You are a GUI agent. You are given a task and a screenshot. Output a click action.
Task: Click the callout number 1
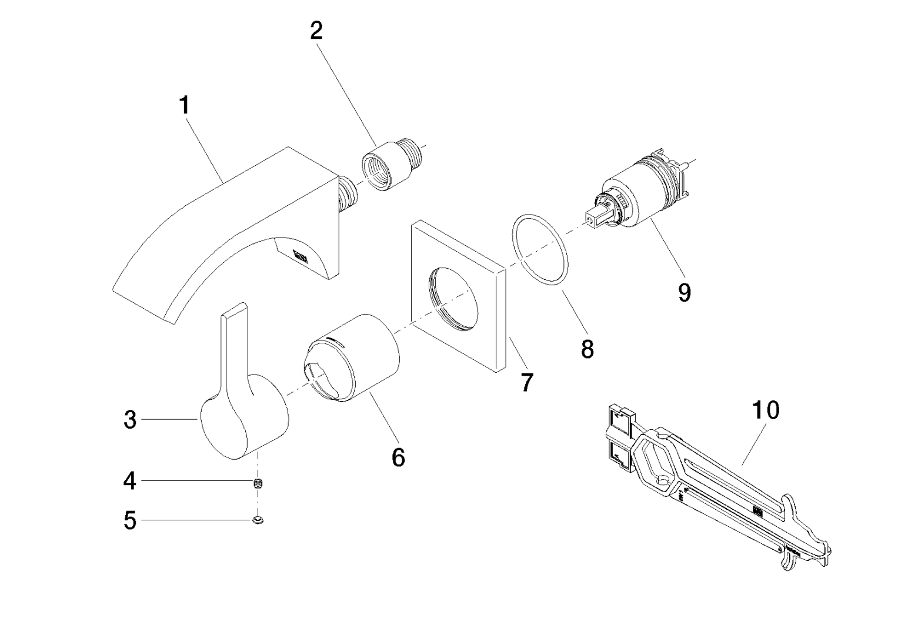[x=185, y=106]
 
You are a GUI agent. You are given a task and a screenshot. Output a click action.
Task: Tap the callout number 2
[x=316, y=31]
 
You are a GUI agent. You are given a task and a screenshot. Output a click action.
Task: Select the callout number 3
[x=130, y=420]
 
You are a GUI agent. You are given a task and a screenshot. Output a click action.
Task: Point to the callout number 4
[x=130, y=482]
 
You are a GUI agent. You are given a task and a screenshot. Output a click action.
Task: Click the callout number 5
[x=130, y=520]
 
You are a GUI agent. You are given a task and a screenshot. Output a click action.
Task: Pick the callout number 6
[x=398, y=456]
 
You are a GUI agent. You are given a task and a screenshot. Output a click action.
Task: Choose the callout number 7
[x=526, y=383]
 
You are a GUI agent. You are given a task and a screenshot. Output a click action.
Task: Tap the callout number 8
[x=587, y=349]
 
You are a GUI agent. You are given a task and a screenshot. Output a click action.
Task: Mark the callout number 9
[x=684, y=292]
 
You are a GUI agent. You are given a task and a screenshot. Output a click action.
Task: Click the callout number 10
[x=765, y=410]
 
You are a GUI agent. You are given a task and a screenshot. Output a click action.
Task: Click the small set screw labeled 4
[x=258, y=484]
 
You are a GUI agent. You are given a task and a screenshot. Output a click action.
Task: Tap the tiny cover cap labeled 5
[x=258, y=520]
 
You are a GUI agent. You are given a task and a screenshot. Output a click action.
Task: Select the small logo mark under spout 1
[x=301, y=255]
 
